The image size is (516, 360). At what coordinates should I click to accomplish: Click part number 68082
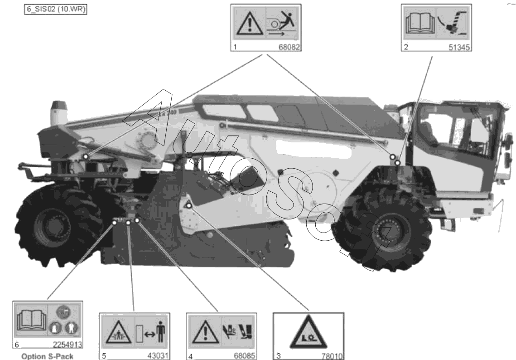[289, 47]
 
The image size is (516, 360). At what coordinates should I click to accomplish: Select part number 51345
[459, 48]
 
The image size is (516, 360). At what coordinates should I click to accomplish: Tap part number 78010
[332, 356]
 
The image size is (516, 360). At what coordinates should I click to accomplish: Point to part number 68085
[245, 356]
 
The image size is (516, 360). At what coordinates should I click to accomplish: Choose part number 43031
[158, 356]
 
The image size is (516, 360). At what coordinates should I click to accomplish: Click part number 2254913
[68, 345]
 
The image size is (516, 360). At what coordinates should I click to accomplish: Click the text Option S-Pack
[48, 356]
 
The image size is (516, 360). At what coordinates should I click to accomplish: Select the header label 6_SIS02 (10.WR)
[56, 10]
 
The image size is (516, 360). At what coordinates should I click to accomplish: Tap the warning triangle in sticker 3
[309, 333]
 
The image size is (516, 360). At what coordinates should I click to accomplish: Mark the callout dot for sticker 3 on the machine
[189, 205]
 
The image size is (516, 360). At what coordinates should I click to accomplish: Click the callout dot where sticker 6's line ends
[115, 223]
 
